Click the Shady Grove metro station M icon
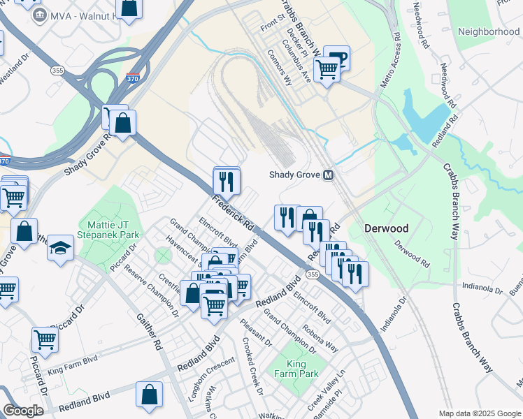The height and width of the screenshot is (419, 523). click(x=328, y=175)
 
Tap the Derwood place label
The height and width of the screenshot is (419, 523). click(x=386, y=228)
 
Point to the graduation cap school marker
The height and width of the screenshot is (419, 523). click(x=60, y=247)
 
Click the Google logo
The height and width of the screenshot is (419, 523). click(x=23, y=410)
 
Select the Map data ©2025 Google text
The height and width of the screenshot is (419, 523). click(x=480, y=413)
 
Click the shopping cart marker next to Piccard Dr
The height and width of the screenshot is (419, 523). click(x=45, y=339)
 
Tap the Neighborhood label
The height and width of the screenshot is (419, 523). click(x=489, y=32)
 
